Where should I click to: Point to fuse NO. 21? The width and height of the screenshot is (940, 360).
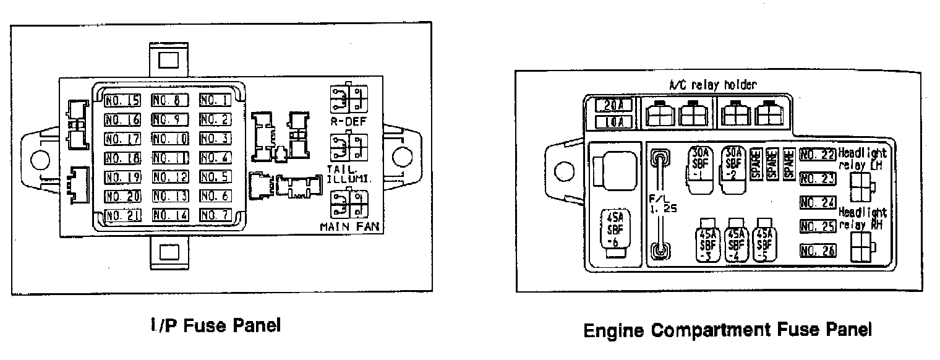tap(122, 215)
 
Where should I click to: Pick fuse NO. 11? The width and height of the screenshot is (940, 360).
tap(169, 158)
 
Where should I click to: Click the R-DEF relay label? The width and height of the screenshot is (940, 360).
tap(348, 122)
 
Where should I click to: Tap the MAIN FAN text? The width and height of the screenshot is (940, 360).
tap(349, 226)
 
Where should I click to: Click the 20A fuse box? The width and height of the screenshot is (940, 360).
tap(613, 106)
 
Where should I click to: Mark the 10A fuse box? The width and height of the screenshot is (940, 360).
tap(613, 121)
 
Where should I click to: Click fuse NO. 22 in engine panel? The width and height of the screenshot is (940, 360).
tap(817, 155)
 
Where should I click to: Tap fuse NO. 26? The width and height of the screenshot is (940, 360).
tap(817, 251)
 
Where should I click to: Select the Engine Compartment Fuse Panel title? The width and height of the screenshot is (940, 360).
tap(727, 329)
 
